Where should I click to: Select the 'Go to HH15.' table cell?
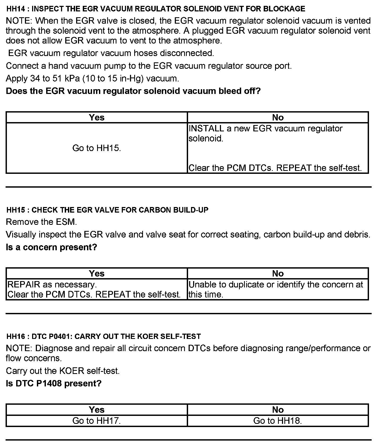[x=97, y=148]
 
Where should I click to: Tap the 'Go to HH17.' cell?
[x=97, y=421]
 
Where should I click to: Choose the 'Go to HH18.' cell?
[x=277, y=421]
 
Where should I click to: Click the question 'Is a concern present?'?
[x=51, y=247]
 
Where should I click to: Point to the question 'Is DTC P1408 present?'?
[x=54, y=383]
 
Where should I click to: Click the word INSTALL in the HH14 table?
[x=206, y=128]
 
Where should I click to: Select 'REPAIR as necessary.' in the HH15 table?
[x=52, y=285]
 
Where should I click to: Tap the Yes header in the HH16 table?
[x=97, y=410]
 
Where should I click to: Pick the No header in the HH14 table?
[x=278, y=117]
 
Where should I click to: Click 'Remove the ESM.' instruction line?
[x=41, y=222]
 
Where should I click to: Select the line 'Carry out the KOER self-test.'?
[x=63, y=371]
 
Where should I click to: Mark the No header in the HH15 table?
[x=278, y=273]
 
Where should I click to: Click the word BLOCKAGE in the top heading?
[x=284, y=9]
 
